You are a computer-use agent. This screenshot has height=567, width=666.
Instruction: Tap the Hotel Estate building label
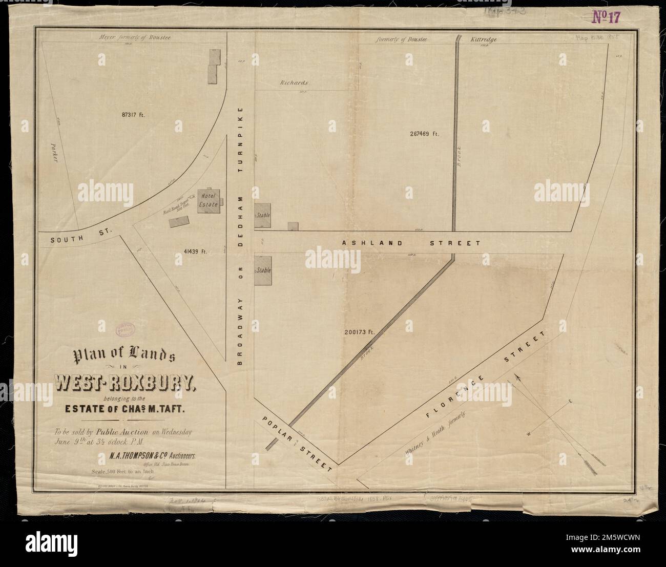pos(209,200)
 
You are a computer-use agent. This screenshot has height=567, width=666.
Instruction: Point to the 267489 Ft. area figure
pos(425,134)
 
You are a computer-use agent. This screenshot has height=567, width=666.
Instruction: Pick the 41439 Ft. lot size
pos(194,251)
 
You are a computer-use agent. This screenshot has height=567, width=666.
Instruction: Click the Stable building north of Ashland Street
pos(262,216)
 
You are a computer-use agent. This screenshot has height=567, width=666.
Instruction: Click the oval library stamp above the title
pos(123,329)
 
